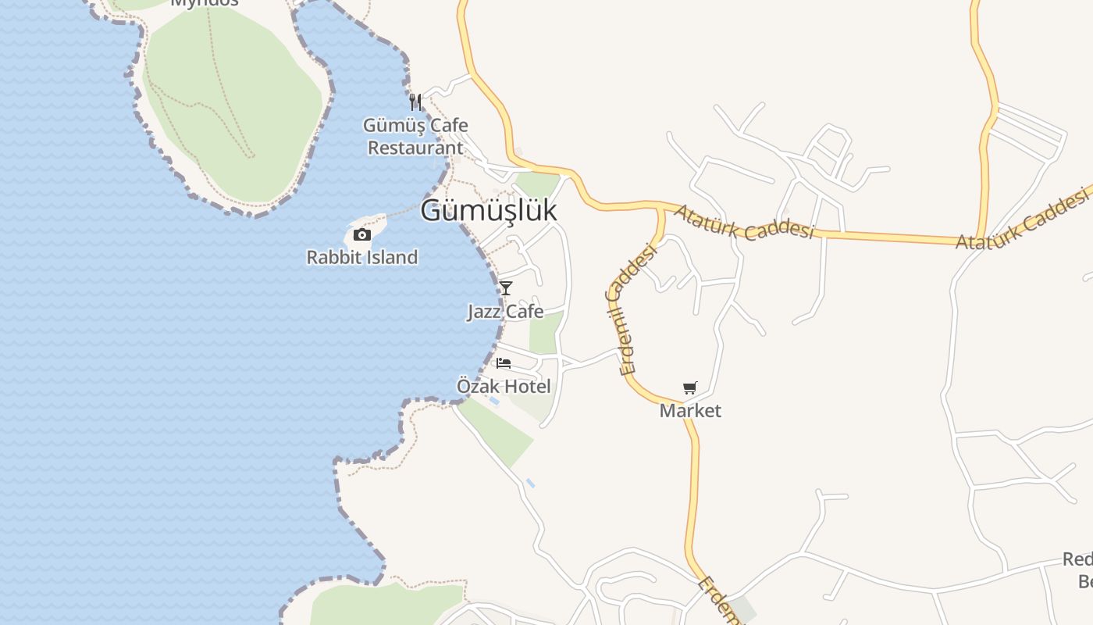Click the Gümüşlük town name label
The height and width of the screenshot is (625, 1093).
pos(489,210)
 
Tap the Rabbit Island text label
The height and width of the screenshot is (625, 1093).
pos(361,257)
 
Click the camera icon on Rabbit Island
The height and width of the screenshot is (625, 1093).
pos(361,234)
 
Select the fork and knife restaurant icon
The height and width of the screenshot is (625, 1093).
pos(415,102)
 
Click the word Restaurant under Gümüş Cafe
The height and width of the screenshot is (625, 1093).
pos(415,148)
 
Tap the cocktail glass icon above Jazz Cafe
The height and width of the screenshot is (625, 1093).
pos(506,287)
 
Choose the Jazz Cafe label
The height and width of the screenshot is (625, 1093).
pos(505,311)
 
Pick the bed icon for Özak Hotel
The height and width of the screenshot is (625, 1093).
pos(504,362)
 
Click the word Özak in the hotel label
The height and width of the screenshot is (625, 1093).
pos(478,386)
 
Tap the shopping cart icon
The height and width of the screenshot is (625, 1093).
pos(689,387)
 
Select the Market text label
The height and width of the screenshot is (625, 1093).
pos(690,410)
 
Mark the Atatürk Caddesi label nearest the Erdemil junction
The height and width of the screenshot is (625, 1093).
pos(744,222)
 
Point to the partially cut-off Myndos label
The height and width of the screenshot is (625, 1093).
pos(204,3)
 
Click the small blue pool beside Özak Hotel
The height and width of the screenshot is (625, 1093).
pos(493,401)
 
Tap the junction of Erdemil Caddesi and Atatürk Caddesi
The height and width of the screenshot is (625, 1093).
pos(661,208)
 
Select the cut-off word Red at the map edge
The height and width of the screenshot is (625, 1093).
pos(1077,559)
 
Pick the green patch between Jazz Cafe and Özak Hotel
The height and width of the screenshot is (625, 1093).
pos(546,333)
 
